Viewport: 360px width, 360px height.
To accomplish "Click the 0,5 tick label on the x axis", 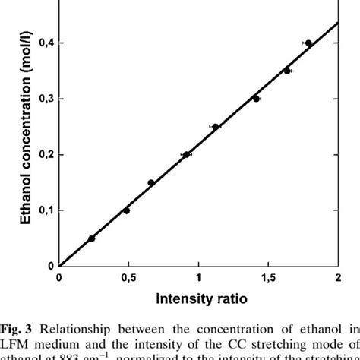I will coord(128,278).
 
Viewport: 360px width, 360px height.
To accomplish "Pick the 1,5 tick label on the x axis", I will coord(267,278).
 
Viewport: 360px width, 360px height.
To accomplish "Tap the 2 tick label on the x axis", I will coord(337,278).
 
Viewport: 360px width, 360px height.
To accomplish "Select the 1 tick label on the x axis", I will coord(198,278).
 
